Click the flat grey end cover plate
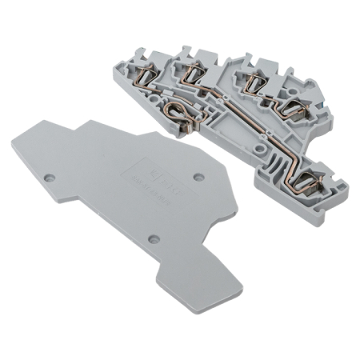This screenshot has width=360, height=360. [120, 208]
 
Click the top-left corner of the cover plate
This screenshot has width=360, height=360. [40, 120]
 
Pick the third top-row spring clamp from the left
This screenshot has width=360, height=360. [257, 81]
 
